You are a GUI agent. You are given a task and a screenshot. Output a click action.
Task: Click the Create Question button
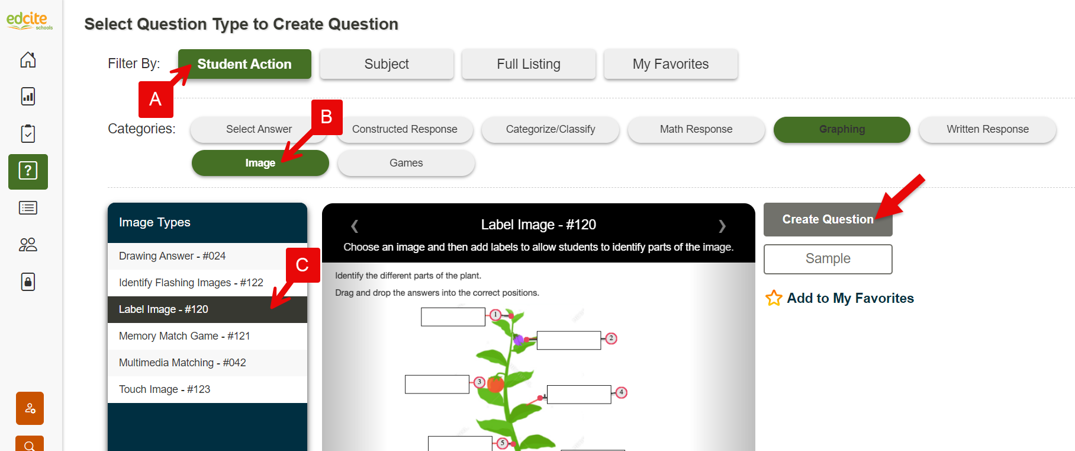point(828,219)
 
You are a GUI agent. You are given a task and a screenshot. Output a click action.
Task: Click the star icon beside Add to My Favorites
point(774,298)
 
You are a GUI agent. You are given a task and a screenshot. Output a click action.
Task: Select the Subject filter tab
point(387,64)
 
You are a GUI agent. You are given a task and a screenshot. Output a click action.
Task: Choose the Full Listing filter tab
point(529,64)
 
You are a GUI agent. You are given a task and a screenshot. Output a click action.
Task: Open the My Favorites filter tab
point(671,64)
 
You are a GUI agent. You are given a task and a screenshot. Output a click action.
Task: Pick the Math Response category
point(696,129)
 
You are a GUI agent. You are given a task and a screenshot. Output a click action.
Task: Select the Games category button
point(406,163)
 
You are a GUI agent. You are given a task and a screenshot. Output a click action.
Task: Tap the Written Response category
point(987,129)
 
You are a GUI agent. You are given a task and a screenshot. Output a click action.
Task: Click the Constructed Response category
point(405,129)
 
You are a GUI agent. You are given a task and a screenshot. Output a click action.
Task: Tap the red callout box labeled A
point(156,99)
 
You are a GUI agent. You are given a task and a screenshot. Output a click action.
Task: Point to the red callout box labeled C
point(302,265)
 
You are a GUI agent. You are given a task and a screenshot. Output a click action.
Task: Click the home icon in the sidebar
point(28,60)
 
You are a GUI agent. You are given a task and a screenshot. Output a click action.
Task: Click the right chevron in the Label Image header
point(722,226)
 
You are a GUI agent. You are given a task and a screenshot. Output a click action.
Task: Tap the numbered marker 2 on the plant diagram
point(611,338)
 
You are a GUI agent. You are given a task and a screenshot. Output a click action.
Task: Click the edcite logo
point(29,21)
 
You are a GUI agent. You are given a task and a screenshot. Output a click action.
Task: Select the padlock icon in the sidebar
point(28,282)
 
